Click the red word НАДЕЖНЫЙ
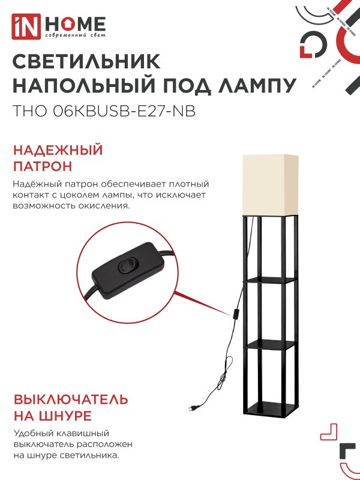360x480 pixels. [x=58, y=150]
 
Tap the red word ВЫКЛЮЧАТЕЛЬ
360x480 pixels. [x=70, y=400]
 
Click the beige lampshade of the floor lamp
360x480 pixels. [x=270, y=184]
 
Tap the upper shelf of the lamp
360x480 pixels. [x=270, y=280]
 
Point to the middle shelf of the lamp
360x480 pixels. [x=270, y=344]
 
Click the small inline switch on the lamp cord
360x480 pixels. [x=237, y=313]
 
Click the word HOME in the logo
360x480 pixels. [x=76, y=24]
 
